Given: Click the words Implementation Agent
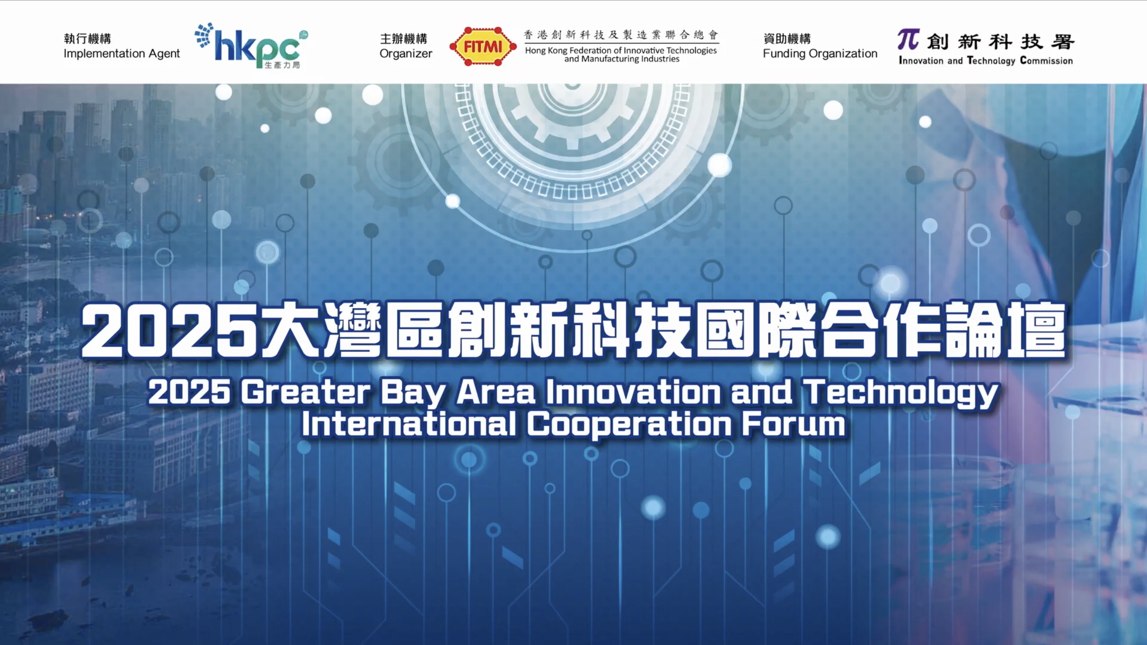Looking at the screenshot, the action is (122, 54).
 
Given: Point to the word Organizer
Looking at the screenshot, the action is (406, 54).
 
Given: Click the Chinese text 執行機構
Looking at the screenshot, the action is (87, 39).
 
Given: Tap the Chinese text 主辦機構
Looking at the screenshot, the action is (403, 39).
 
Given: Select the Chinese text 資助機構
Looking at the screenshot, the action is (787, 39).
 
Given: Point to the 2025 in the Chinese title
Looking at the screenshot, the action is (169, 331).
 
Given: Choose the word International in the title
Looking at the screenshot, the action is (409, 424).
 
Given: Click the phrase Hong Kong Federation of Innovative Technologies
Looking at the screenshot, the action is (621, 50).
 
